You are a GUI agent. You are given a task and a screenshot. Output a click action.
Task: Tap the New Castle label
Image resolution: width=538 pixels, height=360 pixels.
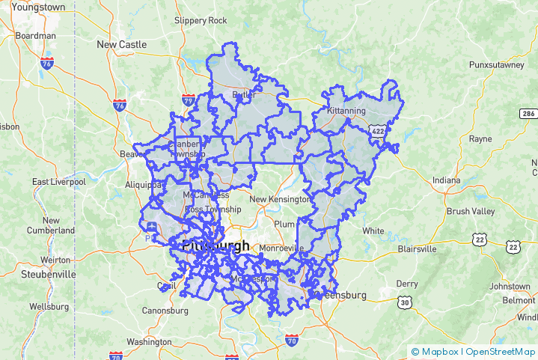(x=121, y=44)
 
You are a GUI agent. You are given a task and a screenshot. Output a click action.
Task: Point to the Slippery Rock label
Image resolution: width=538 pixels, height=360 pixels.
(x=200, y=20)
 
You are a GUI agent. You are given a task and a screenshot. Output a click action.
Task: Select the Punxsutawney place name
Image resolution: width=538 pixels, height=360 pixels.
(x=496, y=65)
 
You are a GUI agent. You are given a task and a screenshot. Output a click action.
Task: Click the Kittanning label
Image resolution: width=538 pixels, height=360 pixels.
(x=346, y=111)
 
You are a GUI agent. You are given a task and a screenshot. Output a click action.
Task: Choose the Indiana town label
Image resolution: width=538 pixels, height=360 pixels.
(x=447, y=180)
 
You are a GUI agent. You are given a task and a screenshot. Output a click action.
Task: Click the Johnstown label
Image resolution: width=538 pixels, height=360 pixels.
(x=510, y=286)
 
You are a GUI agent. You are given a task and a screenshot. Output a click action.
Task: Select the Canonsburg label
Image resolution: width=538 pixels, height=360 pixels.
(x=167, y=311)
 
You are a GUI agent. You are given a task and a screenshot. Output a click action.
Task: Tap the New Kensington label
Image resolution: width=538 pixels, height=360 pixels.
(x=279, y=199)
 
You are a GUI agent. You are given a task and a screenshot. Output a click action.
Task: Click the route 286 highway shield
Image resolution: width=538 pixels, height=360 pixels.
(x=528, y=114)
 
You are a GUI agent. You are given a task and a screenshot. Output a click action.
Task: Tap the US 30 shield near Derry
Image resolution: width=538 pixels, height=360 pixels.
(x=405, y=302)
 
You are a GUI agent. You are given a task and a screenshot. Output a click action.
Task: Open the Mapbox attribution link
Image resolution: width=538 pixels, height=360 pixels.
(x=438, y=351)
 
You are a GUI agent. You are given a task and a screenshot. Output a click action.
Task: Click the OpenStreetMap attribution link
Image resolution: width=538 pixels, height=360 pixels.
(x=500, y=351)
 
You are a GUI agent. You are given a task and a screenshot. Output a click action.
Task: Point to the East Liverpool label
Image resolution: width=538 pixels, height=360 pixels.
(x=59, y=182)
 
